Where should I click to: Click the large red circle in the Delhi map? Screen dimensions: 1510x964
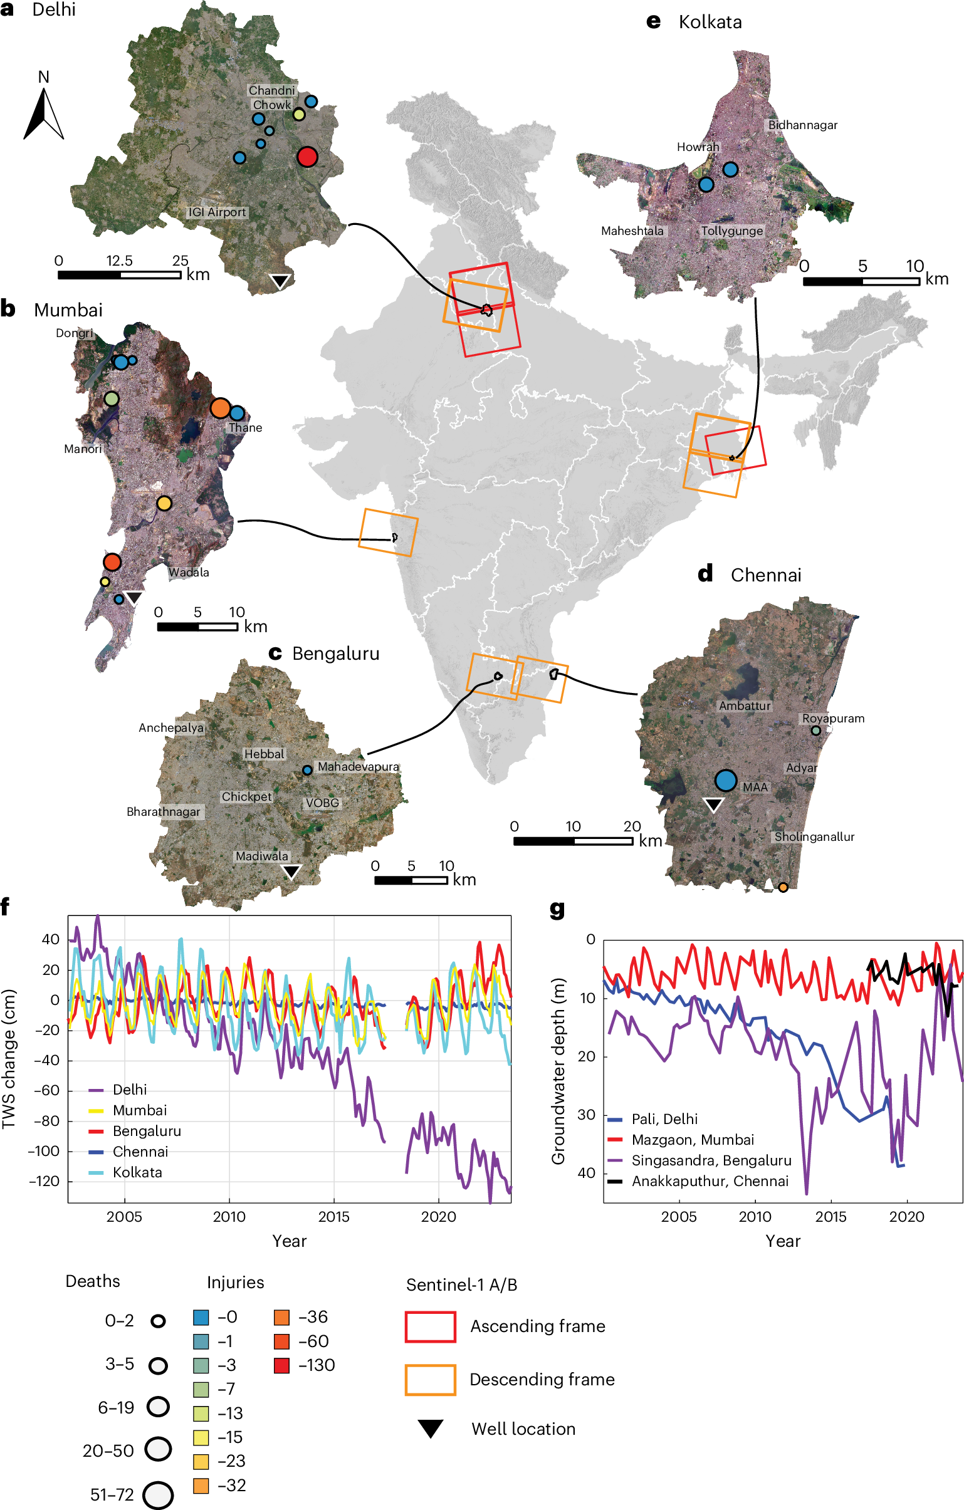(306, 156)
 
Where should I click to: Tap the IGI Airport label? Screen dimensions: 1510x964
(217, 212)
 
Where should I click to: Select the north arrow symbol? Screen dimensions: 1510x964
(44, 113)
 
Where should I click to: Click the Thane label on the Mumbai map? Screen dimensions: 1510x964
(245, 428)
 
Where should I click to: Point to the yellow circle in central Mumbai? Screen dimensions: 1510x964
(164, 503)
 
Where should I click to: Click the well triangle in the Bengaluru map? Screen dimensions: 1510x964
(291, 870)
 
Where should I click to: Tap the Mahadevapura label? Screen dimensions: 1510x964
(358, 766)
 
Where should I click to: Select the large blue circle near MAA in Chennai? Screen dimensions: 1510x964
(726, 780)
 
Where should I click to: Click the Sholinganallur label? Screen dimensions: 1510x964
(814, 836)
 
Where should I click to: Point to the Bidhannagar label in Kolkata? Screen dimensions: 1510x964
(803, 125)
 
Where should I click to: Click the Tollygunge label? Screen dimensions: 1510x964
(732, 231)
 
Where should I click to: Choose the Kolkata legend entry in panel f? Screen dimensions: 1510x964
(137, 1172)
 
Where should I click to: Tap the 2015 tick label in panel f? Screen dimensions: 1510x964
(333, 1217)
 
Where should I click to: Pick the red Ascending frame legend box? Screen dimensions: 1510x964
(430, 1326)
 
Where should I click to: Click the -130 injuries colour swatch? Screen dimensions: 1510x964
(281, 1365)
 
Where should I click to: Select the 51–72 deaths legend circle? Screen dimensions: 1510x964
(158, 1495)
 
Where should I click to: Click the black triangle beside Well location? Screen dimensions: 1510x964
(431, 1429)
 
